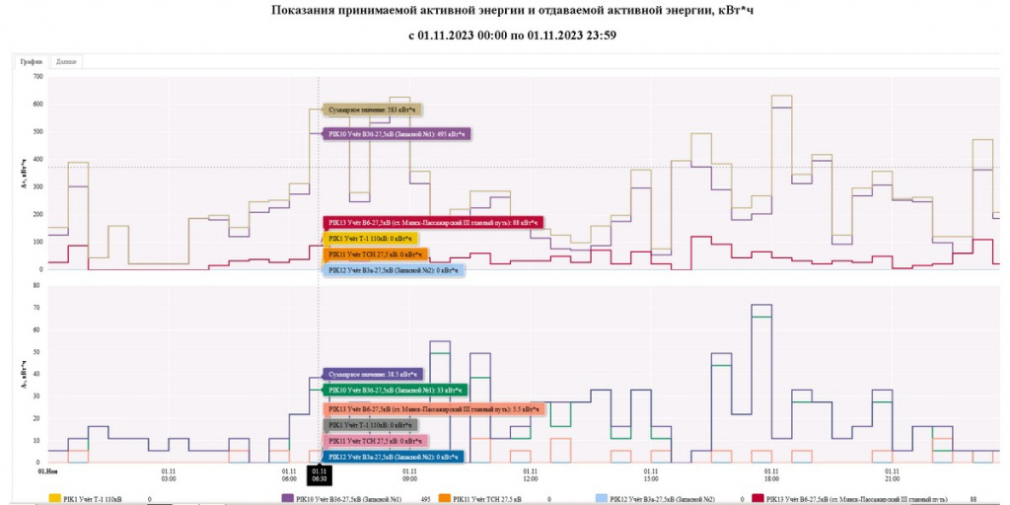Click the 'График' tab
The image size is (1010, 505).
coord(32,61)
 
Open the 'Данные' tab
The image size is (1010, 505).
coord(66,61)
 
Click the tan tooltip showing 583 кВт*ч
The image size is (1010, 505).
coord(374,110)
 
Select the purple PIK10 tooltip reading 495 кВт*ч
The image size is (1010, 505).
coord(398,133)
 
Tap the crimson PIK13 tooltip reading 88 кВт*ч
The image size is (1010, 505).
coord(433,223)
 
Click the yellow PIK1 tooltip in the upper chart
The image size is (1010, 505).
coord(372,239)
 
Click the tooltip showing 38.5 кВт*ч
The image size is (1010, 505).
coord(373,375)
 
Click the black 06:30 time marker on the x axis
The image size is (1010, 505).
coord(319,475)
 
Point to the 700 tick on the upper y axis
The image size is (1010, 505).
coord(37,76)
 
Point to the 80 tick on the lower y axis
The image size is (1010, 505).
coord(38,287)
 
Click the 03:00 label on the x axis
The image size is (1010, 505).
coord(169,475)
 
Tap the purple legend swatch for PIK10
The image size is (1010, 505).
coord(289,499)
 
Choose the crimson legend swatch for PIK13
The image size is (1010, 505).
coord(758,499)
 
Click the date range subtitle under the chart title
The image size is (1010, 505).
coord(513,36)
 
